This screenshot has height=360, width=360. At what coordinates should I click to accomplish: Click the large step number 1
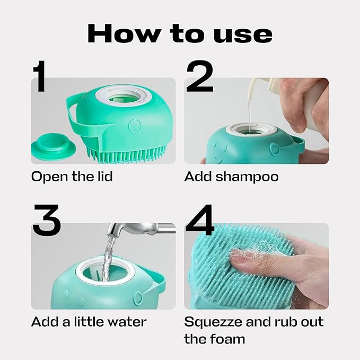point(39,76)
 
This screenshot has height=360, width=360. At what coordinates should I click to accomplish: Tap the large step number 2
point(199,76)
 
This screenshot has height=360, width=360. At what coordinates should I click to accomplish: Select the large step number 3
point(47,219)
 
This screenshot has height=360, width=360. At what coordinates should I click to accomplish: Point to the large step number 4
point(200,219)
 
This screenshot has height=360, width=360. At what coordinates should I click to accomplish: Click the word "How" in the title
point(124,33)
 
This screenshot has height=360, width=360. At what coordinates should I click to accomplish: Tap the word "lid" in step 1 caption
point(104,177)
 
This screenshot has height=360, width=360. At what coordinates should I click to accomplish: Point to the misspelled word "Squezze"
point(213,322)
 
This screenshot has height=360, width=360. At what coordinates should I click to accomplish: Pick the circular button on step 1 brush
point(135,126)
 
